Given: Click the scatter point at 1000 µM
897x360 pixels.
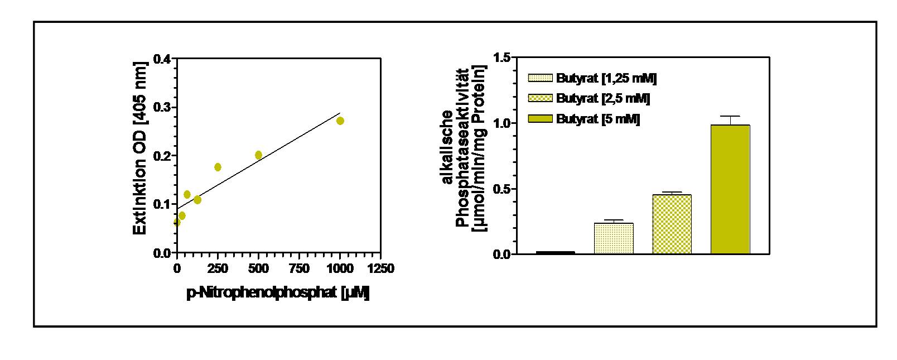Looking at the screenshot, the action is [340, 121].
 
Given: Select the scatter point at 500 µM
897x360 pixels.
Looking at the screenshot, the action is [258, 155].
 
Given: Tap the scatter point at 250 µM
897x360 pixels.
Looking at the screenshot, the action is [218, 167].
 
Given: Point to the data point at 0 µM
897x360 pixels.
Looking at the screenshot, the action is [177, 222].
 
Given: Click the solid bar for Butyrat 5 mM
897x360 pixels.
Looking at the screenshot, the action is [730, 189].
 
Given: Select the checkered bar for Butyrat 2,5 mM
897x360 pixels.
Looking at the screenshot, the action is [672, 224].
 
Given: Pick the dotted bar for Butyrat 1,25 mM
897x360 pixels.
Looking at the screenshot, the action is [614, 238].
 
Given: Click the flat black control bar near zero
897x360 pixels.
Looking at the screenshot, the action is [555, 253].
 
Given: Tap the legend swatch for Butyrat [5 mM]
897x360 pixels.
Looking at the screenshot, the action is [540, 118].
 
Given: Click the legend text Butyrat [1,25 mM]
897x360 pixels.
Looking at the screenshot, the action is [606, 78].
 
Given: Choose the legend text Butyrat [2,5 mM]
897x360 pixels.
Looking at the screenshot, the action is [602, 98].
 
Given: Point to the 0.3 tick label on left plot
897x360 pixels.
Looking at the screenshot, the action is [162, 107].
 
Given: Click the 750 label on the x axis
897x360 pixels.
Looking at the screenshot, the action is [299, 268].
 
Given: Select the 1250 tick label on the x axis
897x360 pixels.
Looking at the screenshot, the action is [381, 268].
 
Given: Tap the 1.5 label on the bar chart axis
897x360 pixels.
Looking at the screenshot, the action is [502, 57].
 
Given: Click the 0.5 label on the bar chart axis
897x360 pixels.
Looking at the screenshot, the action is [502, 189].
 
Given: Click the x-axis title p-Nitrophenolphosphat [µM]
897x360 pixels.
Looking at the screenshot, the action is [278, 292].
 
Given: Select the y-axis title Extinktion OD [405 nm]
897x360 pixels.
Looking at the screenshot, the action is [140, 148].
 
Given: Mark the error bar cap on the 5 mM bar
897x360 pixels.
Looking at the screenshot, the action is [730, 116].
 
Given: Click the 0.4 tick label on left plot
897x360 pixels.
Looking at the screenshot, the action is [162, 59].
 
